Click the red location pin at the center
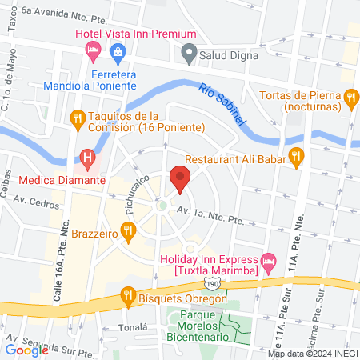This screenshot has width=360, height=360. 180,177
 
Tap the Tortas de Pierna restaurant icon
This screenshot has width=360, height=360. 350,99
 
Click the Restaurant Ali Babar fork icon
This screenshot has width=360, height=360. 297,157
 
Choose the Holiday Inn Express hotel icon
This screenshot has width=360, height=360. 269,260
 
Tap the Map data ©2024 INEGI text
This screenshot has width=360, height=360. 311,353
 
